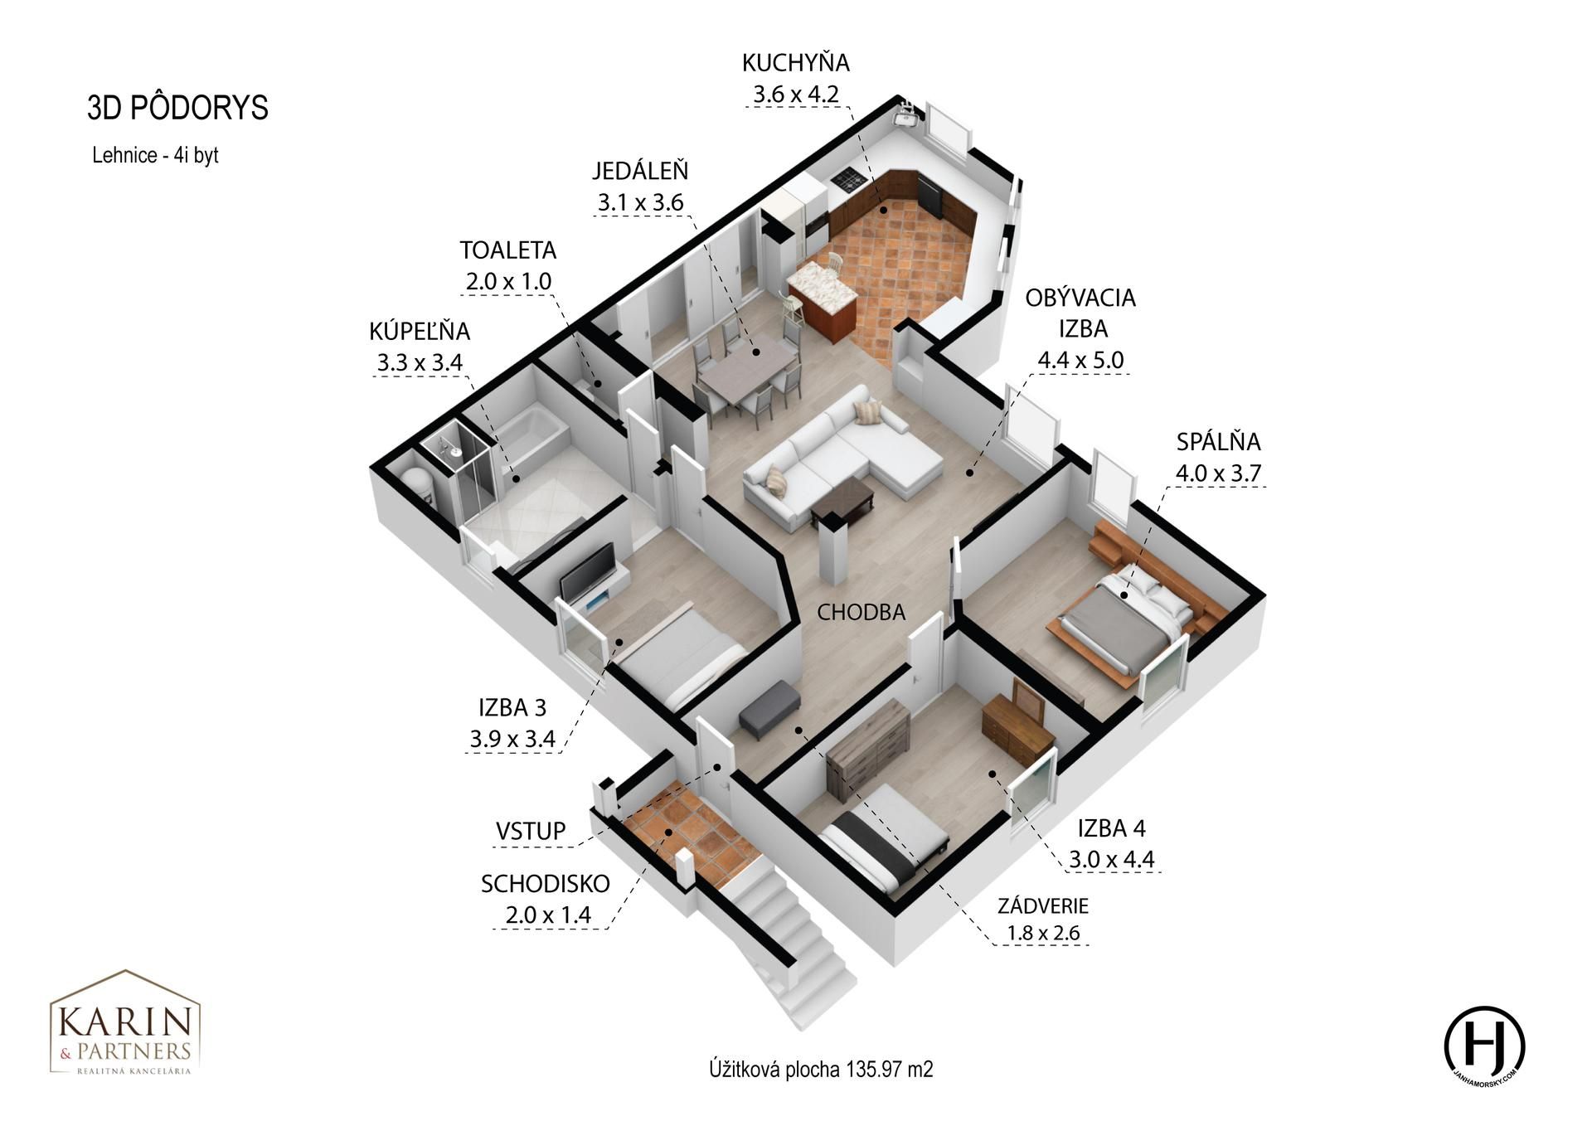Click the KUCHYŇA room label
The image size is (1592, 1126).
[x=796, y=63]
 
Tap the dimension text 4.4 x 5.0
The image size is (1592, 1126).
[x=1080, y=360]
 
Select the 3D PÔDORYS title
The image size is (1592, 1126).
[x=178, y=108]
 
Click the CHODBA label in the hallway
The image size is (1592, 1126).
[x=861, y=612]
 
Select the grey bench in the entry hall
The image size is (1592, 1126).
[x=769, y=710]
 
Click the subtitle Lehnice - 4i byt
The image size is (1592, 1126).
[x=155, y=155]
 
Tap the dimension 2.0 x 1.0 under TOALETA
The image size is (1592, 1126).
[x=508, y=281]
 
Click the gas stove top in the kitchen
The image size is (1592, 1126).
[x=849, y=177]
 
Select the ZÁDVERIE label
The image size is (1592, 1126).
[x=1043, y=905]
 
